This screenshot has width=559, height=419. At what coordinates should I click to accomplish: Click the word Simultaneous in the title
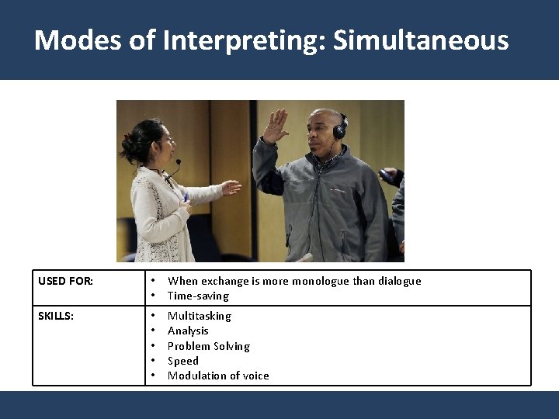tap(421, 40)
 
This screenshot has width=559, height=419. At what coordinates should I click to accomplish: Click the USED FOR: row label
tap(65, 281)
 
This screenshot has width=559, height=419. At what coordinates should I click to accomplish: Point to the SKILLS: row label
tap(56, 316)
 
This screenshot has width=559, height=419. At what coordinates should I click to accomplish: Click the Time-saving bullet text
tap(198, 296)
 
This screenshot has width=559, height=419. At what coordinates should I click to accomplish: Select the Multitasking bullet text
tap(200, 316)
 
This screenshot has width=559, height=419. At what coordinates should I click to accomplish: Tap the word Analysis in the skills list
tap(188, 331)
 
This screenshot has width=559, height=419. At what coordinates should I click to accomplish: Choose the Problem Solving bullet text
tap(208, 346)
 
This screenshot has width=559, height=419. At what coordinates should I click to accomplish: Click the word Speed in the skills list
tap(183, 361)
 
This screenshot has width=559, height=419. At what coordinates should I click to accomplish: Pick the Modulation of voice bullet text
tap(218, 376)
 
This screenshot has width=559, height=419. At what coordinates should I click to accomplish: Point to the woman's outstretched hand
tap(231, 187)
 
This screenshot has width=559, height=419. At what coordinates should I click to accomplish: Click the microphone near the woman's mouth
tap(178, 163)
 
